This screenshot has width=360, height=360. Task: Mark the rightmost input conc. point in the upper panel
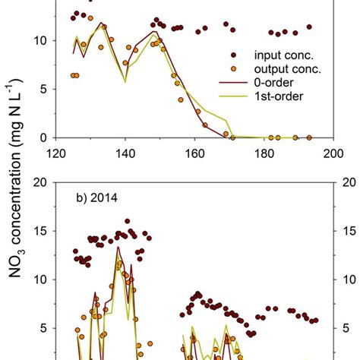tap(309, 27)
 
